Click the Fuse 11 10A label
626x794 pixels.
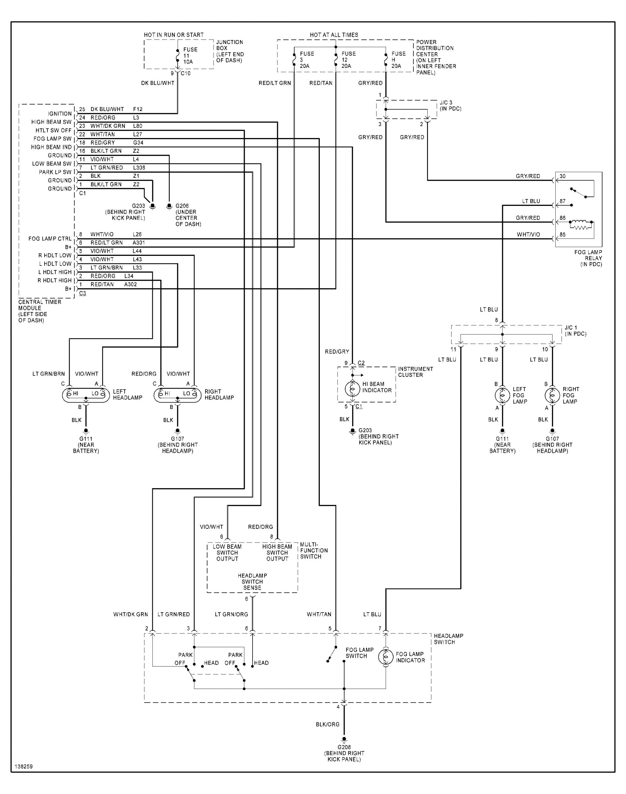[190, 56]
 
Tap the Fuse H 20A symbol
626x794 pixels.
[386, 60]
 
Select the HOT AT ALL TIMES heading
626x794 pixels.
[334, 35]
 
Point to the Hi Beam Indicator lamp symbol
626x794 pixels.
[352, 388]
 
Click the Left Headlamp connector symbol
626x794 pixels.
[86, 394]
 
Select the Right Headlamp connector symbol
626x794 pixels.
[177, 394]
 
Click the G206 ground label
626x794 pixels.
[188, 215]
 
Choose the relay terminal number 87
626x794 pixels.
[562, 201]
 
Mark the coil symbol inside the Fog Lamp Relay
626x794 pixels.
[580, 224]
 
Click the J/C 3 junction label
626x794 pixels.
[451, 106]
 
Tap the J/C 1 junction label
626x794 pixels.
[575, 330]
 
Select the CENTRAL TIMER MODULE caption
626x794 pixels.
[40, 311]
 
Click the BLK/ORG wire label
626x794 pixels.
[328, 724]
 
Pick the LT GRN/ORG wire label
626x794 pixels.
[231, 614]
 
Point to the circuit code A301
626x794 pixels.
[139, 243]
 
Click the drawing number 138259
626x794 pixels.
[24, 766]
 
